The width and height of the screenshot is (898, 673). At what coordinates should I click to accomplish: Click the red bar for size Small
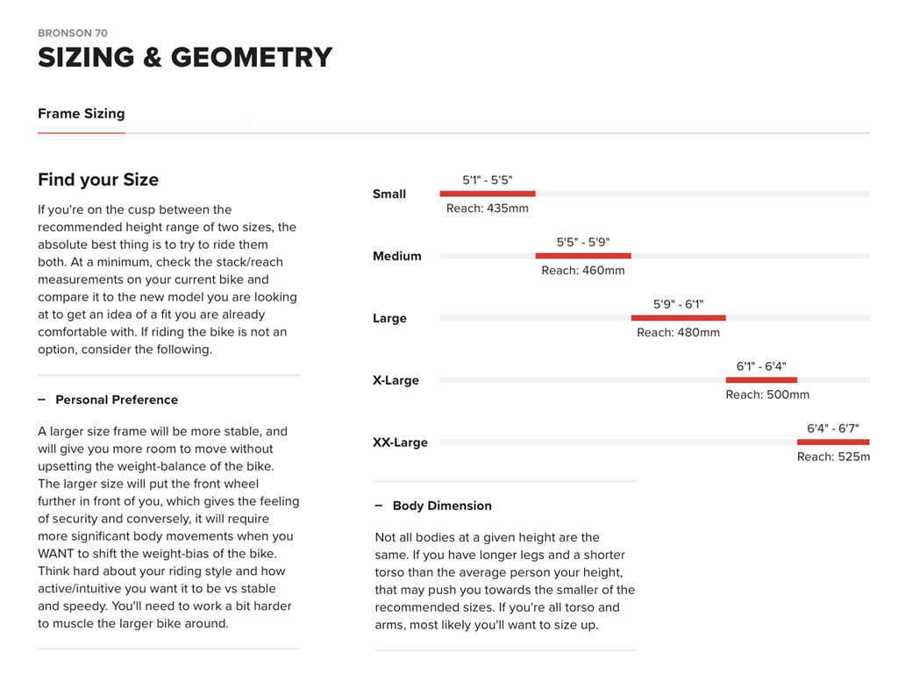488,194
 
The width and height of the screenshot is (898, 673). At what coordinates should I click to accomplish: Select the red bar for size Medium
583,256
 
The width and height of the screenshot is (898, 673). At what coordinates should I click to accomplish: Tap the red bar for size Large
678,317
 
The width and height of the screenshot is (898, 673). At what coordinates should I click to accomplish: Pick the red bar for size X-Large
761,379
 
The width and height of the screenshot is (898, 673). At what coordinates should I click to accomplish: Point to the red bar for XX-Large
833,442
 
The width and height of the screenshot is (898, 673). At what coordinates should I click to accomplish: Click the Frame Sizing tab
82,114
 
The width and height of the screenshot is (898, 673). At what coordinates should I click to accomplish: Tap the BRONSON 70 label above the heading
73,33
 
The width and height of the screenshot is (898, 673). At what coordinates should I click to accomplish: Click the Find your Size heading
98,180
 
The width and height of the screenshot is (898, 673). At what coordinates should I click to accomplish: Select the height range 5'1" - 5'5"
488,181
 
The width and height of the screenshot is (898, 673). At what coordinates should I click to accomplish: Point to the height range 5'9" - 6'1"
678,305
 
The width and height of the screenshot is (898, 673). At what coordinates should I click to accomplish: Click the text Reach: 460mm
583,271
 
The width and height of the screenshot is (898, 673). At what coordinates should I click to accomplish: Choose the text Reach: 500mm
767,395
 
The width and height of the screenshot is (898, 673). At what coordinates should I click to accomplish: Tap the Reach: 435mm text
488,209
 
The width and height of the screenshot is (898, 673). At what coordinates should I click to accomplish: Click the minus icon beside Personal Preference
41,400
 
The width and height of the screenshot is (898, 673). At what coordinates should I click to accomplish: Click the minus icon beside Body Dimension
379,506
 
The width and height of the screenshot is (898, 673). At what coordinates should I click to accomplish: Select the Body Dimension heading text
442,506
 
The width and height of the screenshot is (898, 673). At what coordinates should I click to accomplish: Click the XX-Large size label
400,443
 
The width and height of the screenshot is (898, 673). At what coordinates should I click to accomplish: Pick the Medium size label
397,256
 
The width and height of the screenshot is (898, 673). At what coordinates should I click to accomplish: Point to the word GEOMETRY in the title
252,58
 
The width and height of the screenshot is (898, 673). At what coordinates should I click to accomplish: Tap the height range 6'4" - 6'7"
832,429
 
